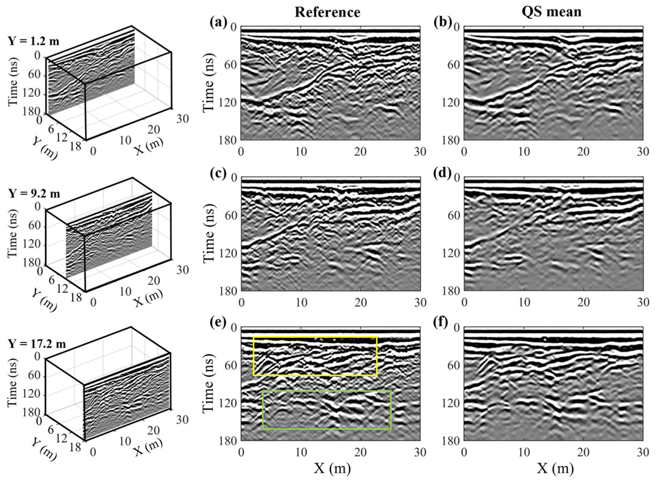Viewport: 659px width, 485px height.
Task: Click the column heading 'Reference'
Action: pyautogui.click(x=327, y=12)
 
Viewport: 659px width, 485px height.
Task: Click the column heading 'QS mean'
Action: pyautogui.click(x=551, y=12)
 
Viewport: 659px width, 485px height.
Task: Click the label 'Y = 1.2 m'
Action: pyautogui.click(x=34, y=41)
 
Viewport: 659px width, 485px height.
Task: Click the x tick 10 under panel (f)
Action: pyautogui.click(x=524, y=452)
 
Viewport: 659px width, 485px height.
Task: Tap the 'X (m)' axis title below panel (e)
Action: pyautogui.click(x=332, y=469)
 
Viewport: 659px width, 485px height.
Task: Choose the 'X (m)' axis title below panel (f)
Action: pyautogui.click(x=555, y=469)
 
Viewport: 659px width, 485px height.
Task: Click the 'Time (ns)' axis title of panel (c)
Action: pyautogui.click(x=208, y=234)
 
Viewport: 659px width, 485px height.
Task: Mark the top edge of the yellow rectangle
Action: pyautogui.click(x=315, y=337)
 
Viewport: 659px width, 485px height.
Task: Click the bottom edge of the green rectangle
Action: pyautogui.click(x=327, y=429)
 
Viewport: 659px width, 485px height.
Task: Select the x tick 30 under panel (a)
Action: pyautogui.click(x=420, y=152)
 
